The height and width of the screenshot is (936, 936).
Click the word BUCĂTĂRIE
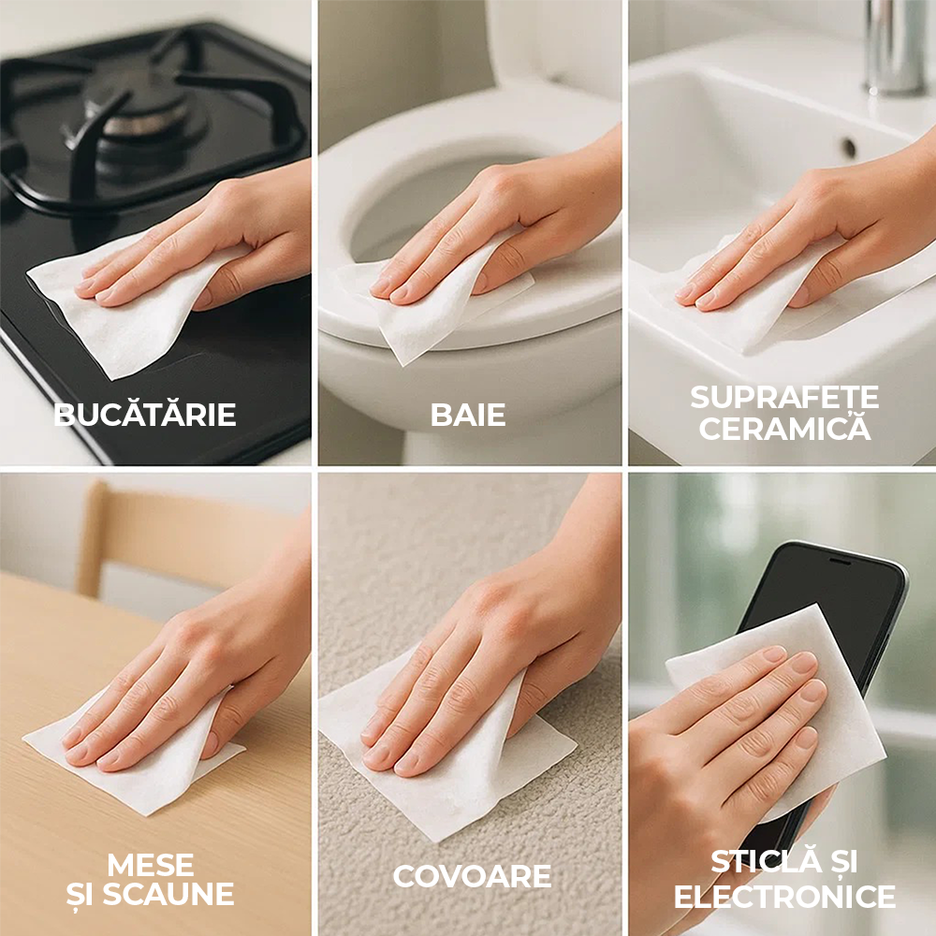click(145, 414)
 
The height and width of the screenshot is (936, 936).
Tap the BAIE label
click(468, 415)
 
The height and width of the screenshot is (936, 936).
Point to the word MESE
click(151, 864)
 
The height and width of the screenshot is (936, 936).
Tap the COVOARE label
click(472, 876)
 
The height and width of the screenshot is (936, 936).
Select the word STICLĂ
click(758, 861)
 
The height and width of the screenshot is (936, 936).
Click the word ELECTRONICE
click(784, 896)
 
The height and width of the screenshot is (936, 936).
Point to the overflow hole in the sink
click(848, 146)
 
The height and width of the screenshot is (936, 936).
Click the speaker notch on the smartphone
click(840, 561)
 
